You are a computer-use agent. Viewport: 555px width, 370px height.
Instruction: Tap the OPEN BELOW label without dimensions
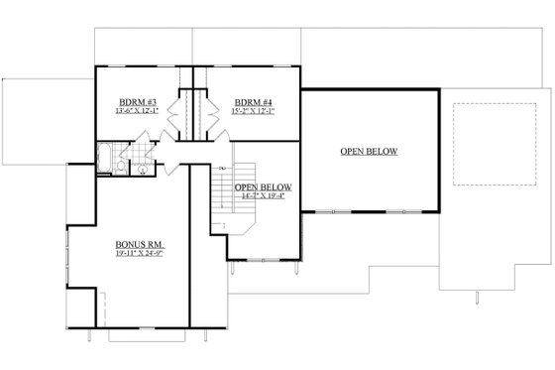pyautogui.click(x=369, y=152)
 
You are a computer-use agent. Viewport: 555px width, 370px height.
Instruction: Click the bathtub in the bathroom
pyautogui.click(x=104, y=156)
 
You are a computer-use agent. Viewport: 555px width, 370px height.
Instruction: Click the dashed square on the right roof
pyautogui.click(x=482, y=144)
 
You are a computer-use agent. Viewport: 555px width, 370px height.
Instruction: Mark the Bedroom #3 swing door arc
pyautogui.click(x=165, y=151)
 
